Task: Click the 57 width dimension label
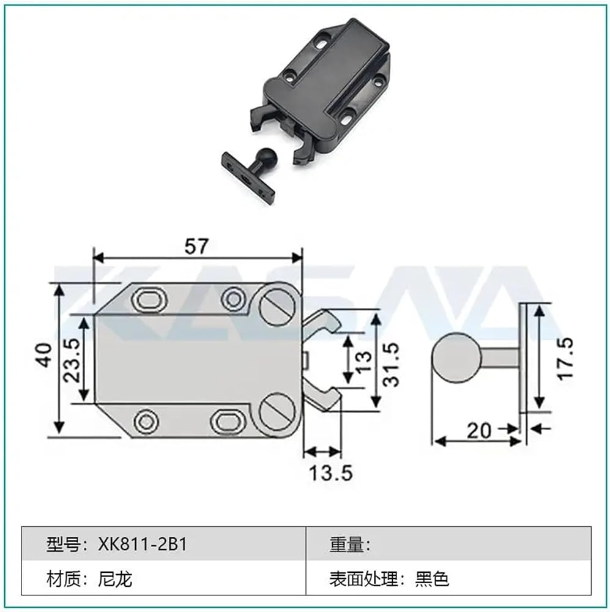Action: pyautogui.click(x=196, y=246)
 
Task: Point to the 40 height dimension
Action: pyautogui.click(x=44, y=355)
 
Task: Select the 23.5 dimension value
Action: pyautogui.click(x=72, y=360)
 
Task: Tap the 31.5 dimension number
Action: pyautogui.click(x=392, y=364)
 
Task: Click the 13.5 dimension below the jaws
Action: pyautogui.click(x=330, y=472)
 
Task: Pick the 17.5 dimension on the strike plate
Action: pyautogui.click(x=565, y=359)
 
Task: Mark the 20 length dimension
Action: pyautogui.click(x=479, y=430)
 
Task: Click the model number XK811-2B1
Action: pyautogui.click(x=143, y=543)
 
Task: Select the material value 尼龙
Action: pyautogui.click(x=115, y=579)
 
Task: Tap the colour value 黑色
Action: pyautogui.click(x=432, y=579)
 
